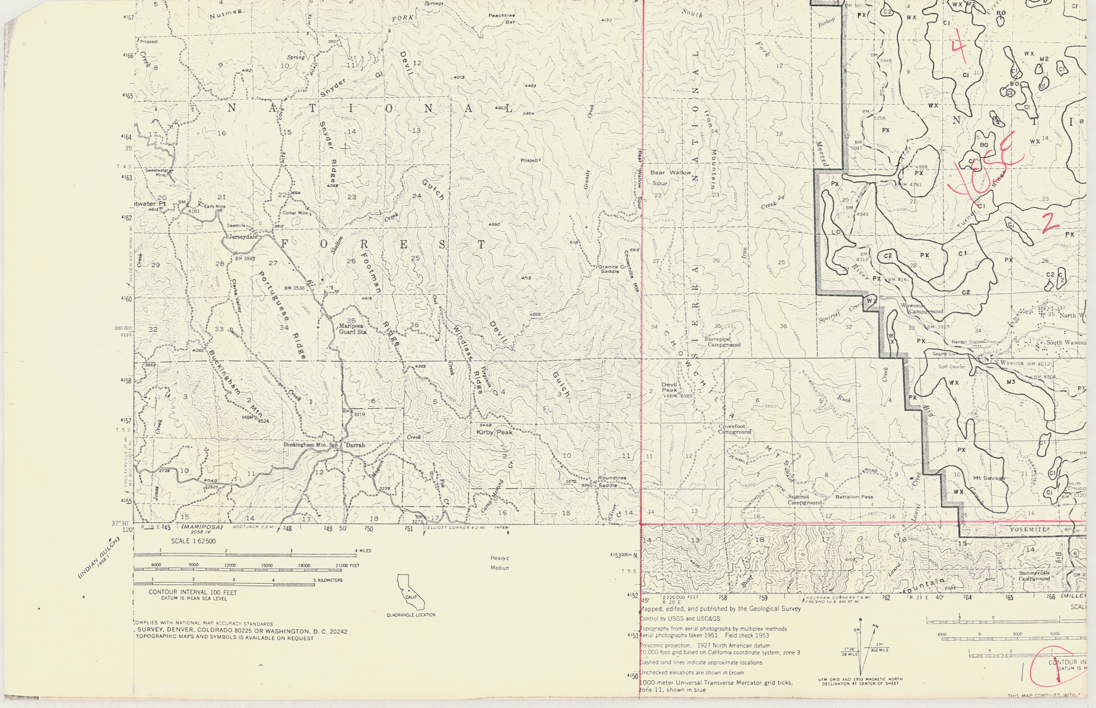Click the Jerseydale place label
point(243,237)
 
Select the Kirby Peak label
point(495,433)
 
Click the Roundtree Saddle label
point(612,481)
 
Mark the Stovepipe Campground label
point(724,342)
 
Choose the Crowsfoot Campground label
point(735,429)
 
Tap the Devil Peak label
point(669,388)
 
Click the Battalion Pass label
point(854,497)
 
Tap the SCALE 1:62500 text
point(193,541)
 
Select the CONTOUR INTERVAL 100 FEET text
point(192,592)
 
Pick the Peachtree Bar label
point(502,18)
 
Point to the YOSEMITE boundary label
point(1028,530)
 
